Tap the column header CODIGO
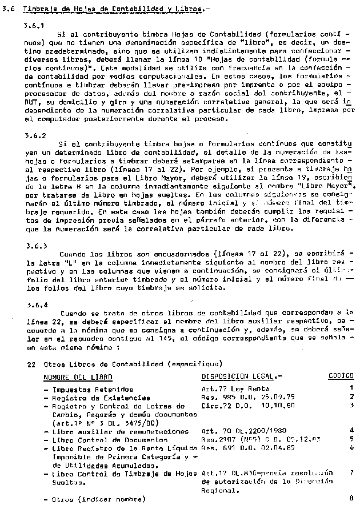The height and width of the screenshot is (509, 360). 341,377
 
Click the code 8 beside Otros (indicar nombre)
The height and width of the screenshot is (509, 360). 351,499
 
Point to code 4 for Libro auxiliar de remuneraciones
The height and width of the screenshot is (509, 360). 351,430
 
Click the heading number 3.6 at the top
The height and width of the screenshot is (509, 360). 7,8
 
